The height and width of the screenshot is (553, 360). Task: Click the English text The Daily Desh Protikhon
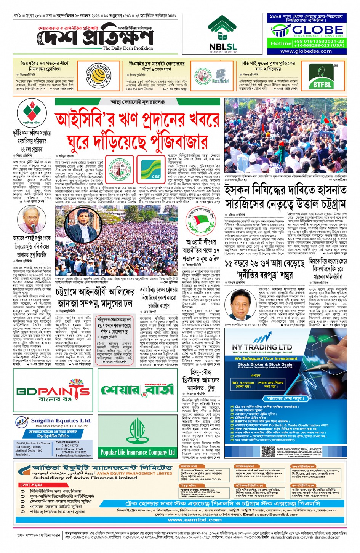tap(128, 48)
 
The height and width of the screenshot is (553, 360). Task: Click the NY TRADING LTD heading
tap(262, 347)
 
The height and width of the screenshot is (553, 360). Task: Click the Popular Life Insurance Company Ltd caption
tap(137, 452)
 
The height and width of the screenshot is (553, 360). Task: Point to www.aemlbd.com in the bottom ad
tap(195, 519)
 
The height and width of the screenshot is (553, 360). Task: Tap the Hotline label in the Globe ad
tap(281, 43)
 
